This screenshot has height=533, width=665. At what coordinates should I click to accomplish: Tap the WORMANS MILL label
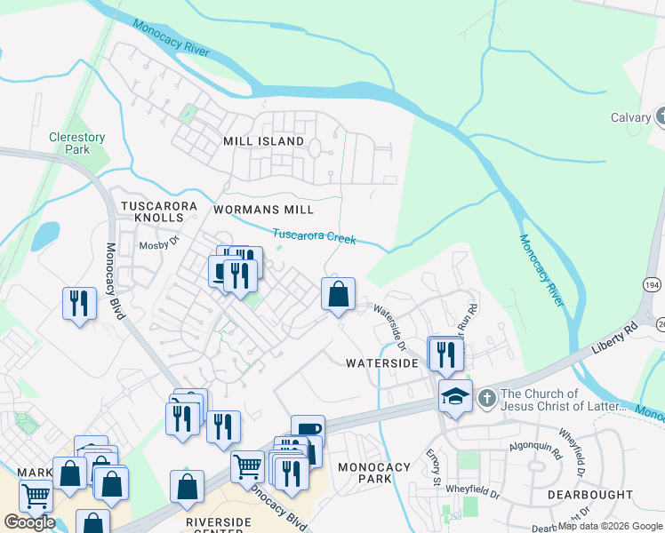click(x=264, y=210)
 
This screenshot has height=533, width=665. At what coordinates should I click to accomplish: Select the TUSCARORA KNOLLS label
click(x=158, y=211)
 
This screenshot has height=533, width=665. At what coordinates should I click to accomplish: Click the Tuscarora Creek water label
click(x=314, y=237)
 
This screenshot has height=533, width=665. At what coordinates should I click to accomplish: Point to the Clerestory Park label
click(x=76, y=143)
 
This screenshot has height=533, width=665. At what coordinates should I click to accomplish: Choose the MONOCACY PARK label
click(x=374, y=473)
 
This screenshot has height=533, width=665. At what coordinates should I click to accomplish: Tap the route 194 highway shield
click(x=652, y=283)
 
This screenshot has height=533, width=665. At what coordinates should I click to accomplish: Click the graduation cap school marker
click(x=455, y=397)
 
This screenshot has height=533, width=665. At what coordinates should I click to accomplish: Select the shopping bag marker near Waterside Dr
click(x=338, y=293)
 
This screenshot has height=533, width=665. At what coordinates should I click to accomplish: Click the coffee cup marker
click(x=308, y=430)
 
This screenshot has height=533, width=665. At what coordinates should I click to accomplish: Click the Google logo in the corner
click(x=29, y=522)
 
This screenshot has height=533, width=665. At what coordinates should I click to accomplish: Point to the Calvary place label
click(x=631, y=117)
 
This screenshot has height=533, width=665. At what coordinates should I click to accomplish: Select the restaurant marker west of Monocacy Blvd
click(x=79, y=303)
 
